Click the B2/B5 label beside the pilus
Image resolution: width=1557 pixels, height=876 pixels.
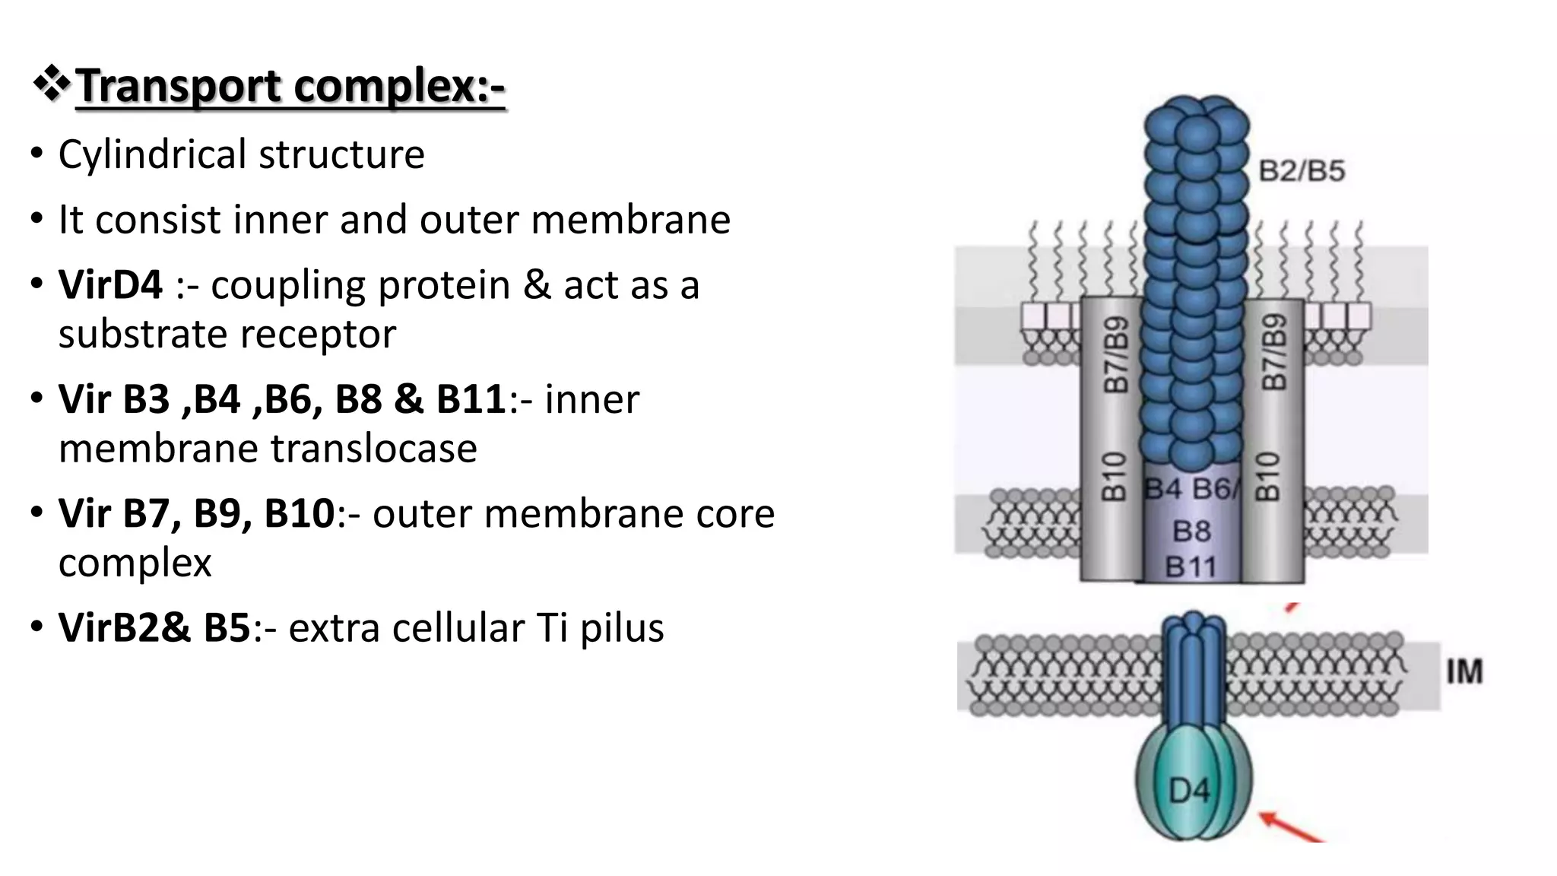[1302, 171]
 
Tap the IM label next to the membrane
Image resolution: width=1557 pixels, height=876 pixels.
[1464, 672]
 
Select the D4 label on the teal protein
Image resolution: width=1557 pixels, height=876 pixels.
[1189, 792]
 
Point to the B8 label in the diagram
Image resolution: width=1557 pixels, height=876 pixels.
[1191, 531]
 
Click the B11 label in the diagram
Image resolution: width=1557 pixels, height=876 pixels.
[1191, 567]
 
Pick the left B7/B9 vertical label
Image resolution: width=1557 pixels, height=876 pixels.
[1115, 354]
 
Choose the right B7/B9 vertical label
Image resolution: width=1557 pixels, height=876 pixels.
[1274, 353]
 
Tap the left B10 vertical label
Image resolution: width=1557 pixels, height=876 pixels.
[1114, 477]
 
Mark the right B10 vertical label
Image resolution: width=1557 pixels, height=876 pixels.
[1267, 477]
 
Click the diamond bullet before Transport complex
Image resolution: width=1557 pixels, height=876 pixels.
[52, 84]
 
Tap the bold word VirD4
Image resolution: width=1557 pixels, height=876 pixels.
[110, 285]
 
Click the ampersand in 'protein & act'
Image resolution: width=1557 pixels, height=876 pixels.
[537, 285]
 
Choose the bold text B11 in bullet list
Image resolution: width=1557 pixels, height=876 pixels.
[471, 399]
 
